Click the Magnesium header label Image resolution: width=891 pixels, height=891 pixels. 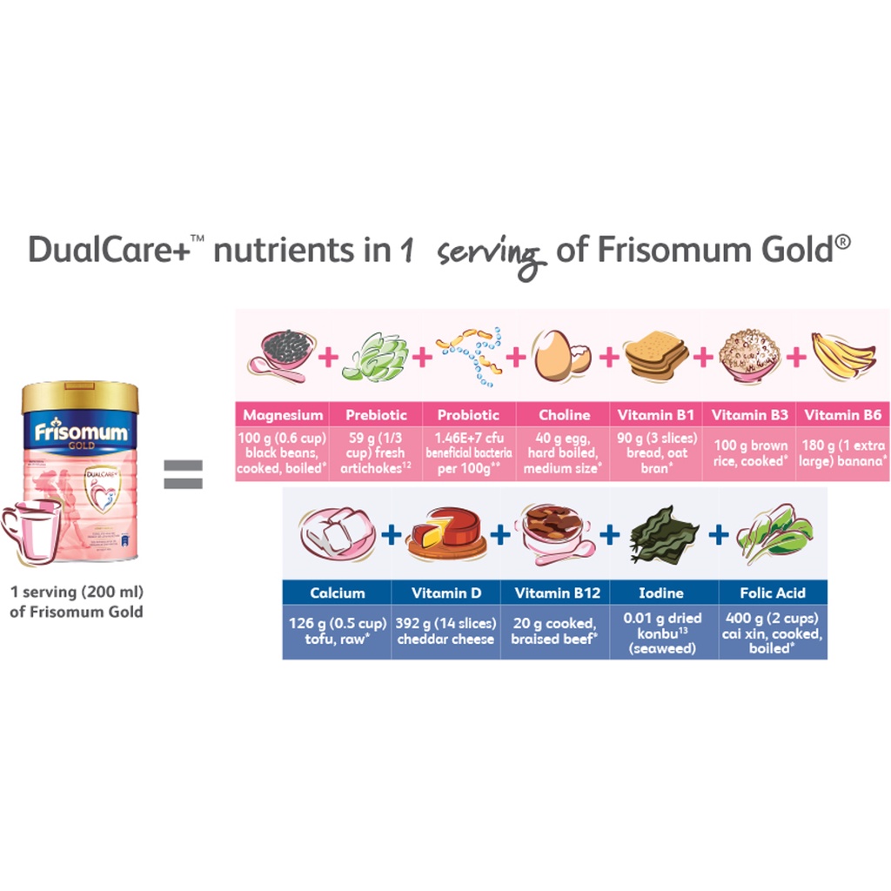click(283, 415)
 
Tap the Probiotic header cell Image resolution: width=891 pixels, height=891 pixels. click(468, 415)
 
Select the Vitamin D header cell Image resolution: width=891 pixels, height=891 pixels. click(445, 593)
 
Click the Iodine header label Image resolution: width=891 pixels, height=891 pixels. click(664, 593)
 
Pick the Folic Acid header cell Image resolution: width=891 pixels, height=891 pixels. click(773, 593)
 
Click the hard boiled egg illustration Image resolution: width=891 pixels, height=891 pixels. click(562, 356)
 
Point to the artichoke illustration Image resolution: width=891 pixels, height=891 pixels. click(374, 357)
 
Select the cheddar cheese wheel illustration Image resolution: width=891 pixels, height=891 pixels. click(445, 532)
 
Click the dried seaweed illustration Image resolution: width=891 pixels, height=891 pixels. click(664, 532)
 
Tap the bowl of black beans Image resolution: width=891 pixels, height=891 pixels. click(281, 352)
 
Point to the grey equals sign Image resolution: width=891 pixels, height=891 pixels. click(184, 474)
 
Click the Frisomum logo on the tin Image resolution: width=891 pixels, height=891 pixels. click(80, 432)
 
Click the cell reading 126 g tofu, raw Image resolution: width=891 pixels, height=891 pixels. click(336, 631)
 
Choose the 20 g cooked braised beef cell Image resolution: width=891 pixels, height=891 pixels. click(554, 631)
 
